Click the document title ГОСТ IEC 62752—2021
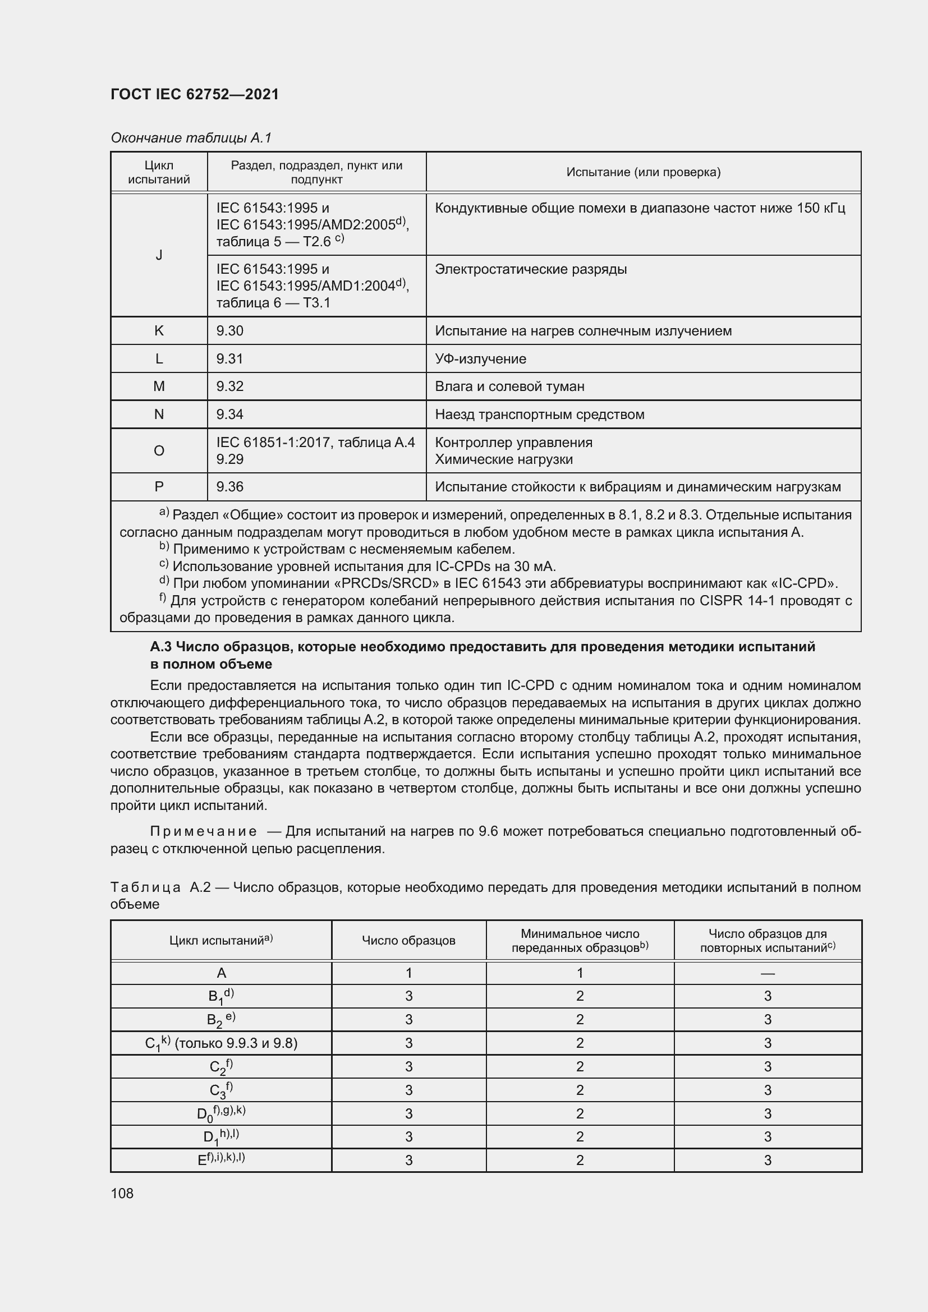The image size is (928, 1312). coord(194,94)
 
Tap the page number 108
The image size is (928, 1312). coord(122,1193)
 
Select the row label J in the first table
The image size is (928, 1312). coord(159,255)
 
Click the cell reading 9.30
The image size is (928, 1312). coord(229,331)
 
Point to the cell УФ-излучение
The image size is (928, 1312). coord(481,359)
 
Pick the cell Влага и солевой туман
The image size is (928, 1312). coord(509,386)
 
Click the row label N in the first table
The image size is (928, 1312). coord(159,415)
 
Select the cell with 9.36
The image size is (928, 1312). coord(229,487)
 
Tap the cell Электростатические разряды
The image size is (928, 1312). coord(531,269)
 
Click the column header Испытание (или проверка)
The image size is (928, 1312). coord(644,172)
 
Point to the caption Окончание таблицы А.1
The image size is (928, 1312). coord(191,138)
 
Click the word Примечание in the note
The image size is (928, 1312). coord(204,831)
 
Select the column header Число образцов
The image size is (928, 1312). coord(408,941)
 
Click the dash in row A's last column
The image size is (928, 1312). coord(768,973)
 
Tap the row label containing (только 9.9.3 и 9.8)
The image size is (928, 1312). coord(221,1043)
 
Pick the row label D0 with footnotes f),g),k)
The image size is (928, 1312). coord(221,1113)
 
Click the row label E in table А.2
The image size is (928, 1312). coord(221,1160)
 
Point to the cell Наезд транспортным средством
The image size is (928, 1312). coord(539,415)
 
